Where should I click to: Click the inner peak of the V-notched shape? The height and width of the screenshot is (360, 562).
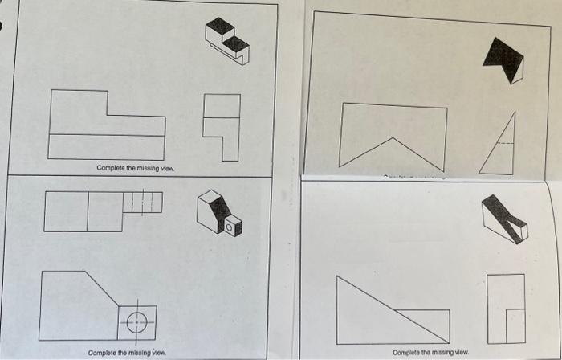(393, 139)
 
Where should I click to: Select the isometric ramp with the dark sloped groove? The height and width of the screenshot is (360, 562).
(503, 218)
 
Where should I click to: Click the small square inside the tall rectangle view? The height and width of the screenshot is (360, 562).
(515, 324)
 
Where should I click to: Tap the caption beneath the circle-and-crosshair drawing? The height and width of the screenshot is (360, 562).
(127, 352)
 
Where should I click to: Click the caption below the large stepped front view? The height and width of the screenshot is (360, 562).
(134, 168)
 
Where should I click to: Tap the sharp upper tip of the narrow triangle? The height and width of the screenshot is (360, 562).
(514, 114)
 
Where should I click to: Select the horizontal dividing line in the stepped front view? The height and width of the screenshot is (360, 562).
(107, 135)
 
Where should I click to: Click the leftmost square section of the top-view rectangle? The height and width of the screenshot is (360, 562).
(66, 211)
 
